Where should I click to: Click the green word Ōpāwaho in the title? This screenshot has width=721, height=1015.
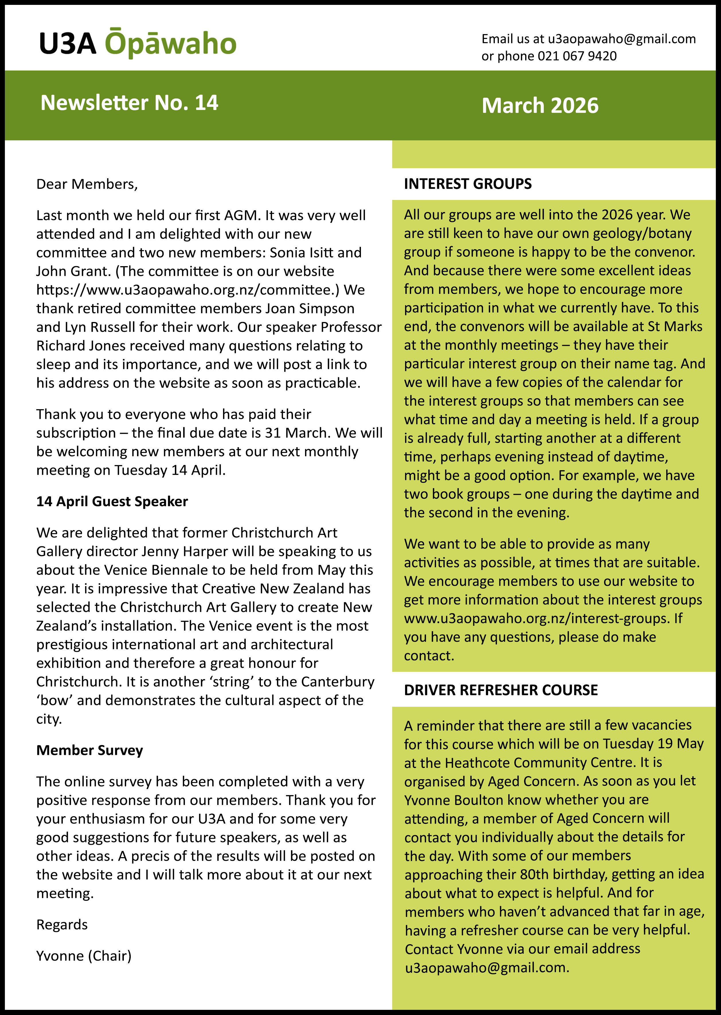pyautogui.click(x=171, y=44)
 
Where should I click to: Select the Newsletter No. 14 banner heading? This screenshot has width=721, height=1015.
pyautogui.click(x=129, y=103)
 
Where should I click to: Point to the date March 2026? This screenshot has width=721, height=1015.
pyautogui.click(x=540, y=106)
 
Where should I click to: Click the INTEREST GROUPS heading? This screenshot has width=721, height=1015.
pyautogui.click(x=468, y=184)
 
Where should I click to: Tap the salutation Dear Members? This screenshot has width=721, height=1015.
pyautogui.click(x=87, y=184)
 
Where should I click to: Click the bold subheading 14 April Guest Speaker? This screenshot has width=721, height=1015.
pyautogui.click(x=112, y=501)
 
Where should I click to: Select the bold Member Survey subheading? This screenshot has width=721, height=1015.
pyautogui.click(x=90, y=750)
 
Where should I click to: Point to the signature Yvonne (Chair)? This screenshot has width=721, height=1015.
pyautogui.click(x=84, y=955)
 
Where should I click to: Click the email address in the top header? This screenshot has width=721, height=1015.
pyautogui.click(x=622, y=39)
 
